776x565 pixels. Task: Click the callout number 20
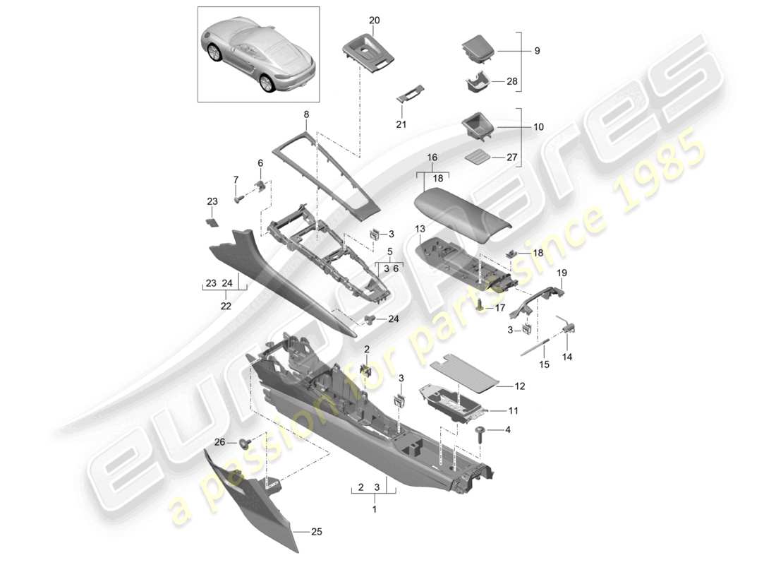(x=374, y=20)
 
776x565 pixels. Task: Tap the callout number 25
(x=317, y=531)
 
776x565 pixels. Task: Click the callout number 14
(x=567, y=357)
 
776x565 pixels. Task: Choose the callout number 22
(x=226, y=306)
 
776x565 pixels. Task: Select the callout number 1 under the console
(x=375, y=509)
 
